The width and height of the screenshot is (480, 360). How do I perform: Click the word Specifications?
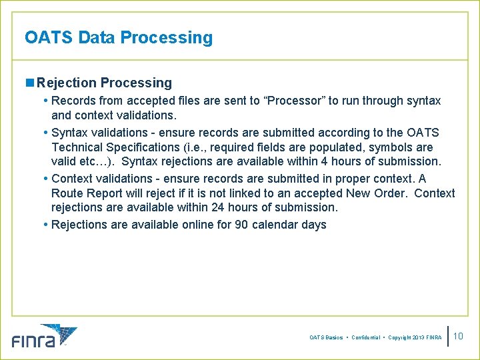pyautogui.click(x=149, y=147)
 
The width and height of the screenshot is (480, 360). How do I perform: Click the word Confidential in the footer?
pyautogui.click(x=366, y=338)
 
